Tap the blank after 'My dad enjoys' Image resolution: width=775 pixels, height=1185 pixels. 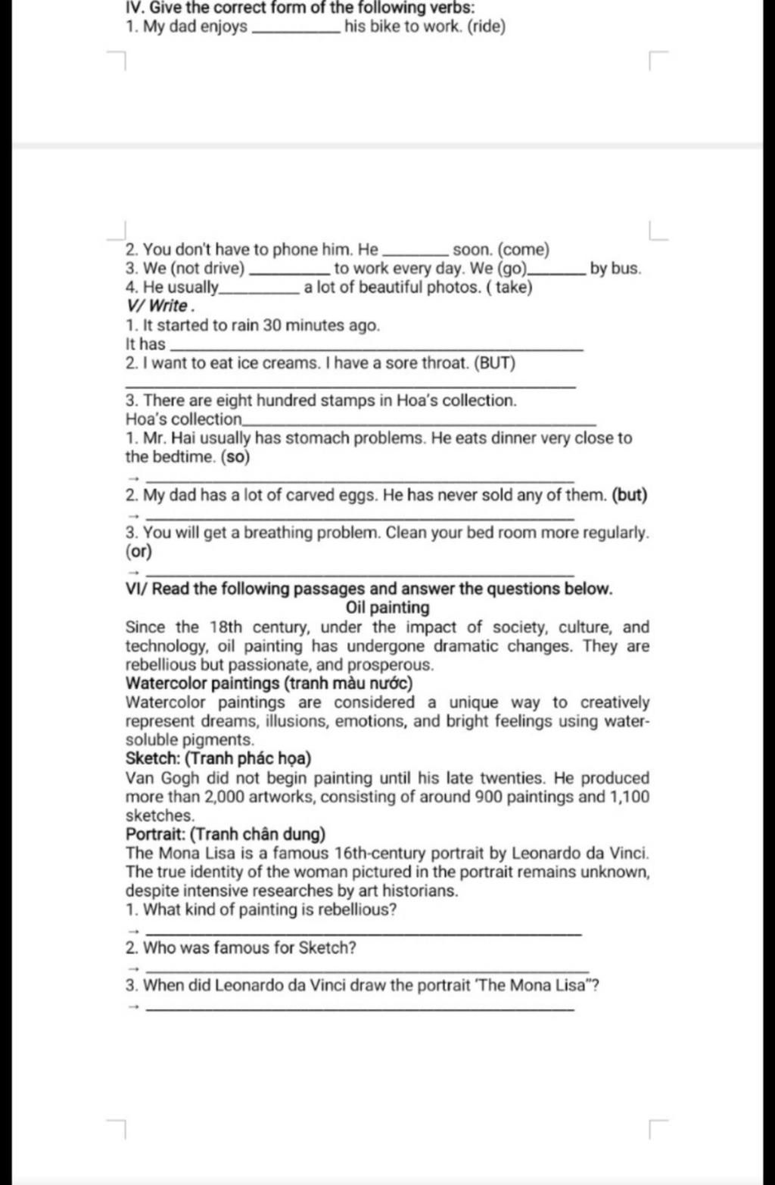coord(294,30)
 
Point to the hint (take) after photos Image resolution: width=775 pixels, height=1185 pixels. coord(510,288)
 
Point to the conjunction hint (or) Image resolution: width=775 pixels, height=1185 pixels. coord(139,552)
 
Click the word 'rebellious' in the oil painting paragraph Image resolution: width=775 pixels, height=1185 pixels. coord(160,665)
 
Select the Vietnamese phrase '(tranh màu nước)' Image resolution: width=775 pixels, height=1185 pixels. coord(348,684)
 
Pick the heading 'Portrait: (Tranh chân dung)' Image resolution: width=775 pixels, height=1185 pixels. coord(226,835)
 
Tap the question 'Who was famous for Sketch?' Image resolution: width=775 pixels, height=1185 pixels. coord(250,948)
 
